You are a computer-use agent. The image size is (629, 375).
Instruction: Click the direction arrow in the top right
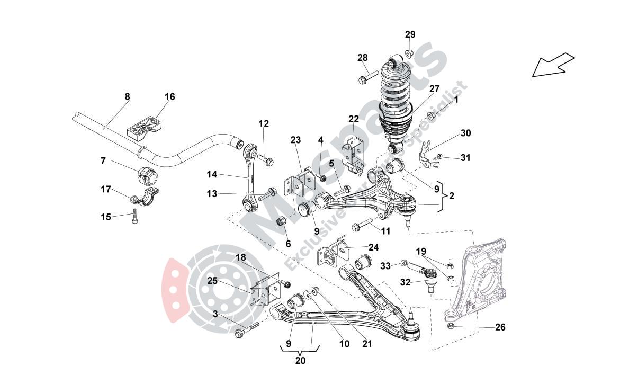[x=552, y=65]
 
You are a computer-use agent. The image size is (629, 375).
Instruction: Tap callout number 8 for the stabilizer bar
[x=127, y=96]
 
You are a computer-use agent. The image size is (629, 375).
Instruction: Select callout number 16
[x=169, y=96]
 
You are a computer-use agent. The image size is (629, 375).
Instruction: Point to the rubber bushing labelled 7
[x=148, y=175]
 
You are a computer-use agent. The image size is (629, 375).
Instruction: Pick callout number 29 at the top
[x=410, y=34]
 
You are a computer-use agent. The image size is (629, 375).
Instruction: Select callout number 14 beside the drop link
[x=212, y=174]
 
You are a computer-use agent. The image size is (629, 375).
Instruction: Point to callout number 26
[x=500, y=327]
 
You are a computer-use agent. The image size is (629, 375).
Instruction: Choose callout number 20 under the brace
[x=300, y=361]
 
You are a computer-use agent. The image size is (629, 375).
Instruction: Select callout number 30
[x=465, y=133]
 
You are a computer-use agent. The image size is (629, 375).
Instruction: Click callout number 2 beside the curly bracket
[x=451, y=195]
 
